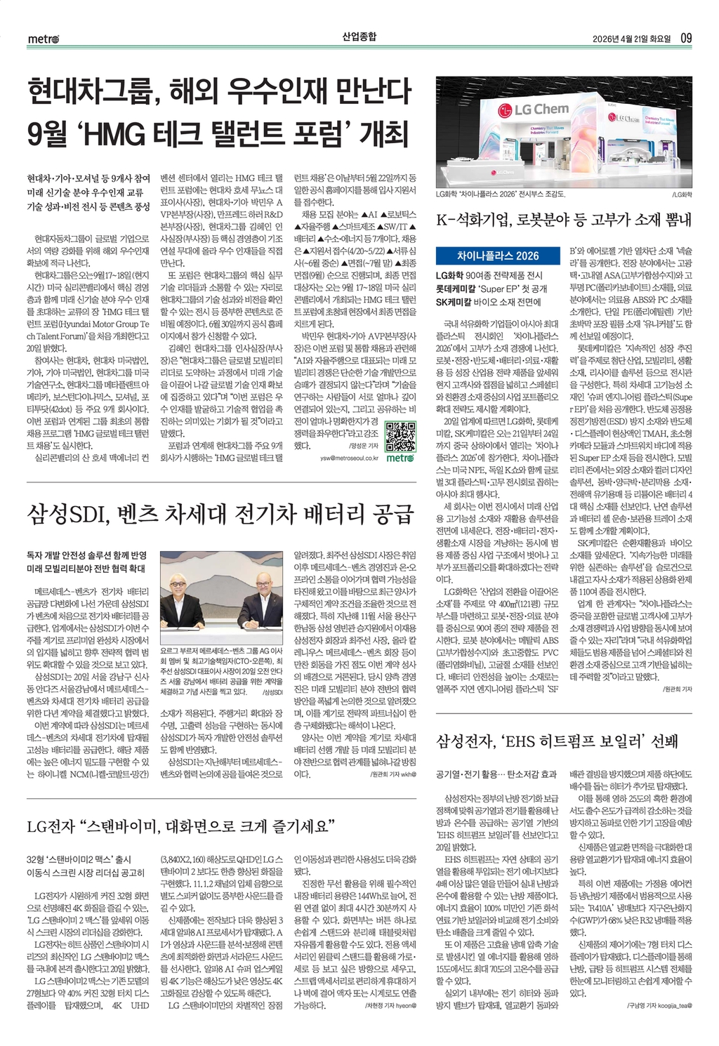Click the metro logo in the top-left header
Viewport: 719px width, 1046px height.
pos(44,38)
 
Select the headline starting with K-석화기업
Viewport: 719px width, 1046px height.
pos(564,219)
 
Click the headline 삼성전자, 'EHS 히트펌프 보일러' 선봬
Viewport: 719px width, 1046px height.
pos(557,741)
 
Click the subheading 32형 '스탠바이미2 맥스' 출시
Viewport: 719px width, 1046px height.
pos(79,859)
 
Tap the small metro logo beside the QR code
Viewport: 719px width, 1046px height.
pos(401,458)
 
